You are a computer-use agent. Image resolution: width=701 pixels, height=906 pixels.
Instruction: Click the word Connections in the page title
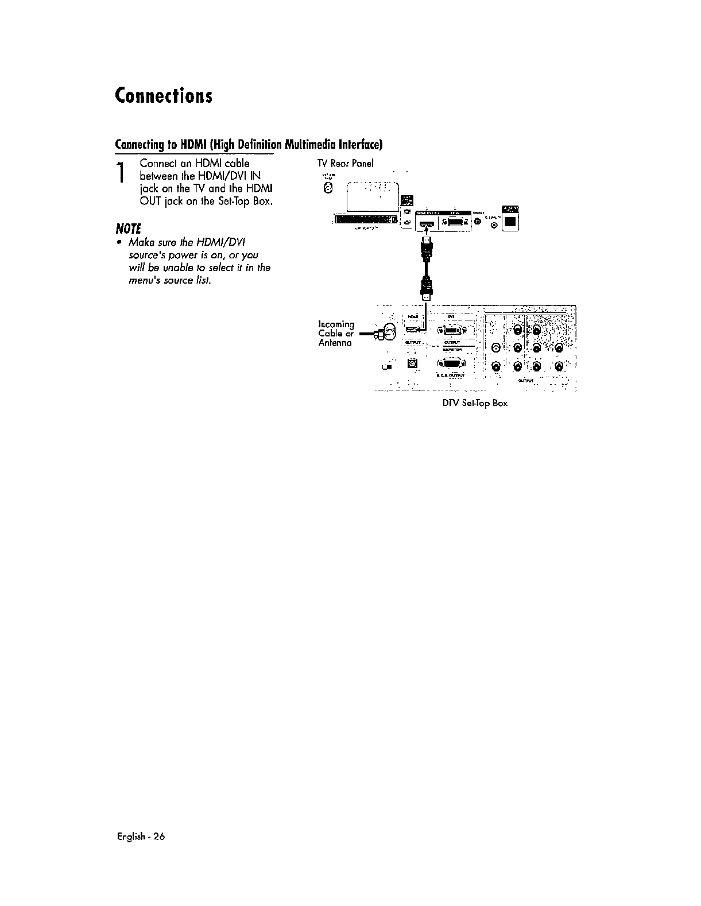[164, 95]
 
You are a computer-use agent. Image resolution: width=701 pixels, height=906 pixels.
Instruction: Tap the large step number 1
[120, 175]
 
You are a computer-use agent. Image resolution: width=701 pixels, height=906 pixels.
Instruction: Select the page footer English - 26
[140, 837]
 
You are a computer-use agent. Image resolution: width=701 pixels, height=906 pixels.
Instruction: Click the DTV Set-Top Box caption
[475, 402]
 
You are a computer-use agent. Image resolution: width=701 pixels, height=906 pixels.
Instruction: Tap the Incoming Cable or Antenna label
[336, 334]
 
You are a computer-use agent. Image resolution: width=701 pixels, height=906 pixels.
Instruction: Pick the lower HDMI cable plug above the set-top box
[426, 288]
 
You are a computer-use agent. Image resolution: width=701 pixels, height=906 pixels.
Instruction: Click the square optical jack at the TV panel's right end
[510, 220]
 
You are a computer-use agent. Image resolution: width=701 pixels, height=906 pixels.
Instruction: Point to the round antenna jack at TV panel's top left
[328, 188]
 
